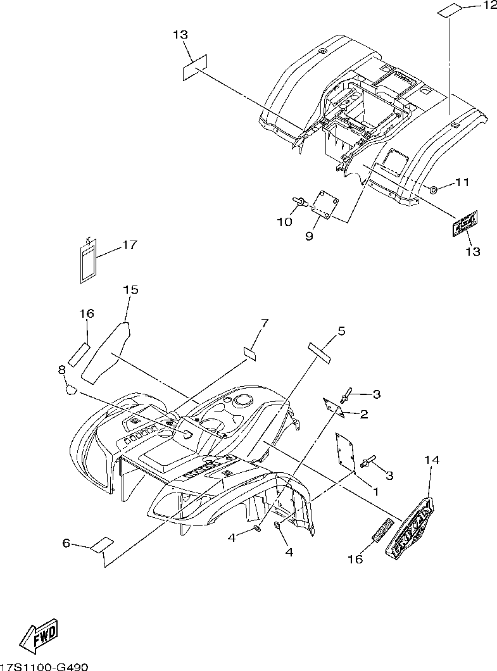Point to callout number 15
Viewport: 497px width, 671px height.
tap(130, 290)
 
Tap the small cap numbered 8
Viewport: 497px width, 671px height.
tap(68, 388)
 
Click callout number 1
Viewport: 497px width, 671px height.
tap(374, 490)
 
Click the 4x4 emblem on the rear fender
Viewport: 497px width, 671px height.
tap(464, 223)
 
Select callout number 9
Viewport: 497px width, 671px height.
tap(310, 236)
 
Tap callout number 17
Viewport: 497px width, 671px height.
tap(129, 245)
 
